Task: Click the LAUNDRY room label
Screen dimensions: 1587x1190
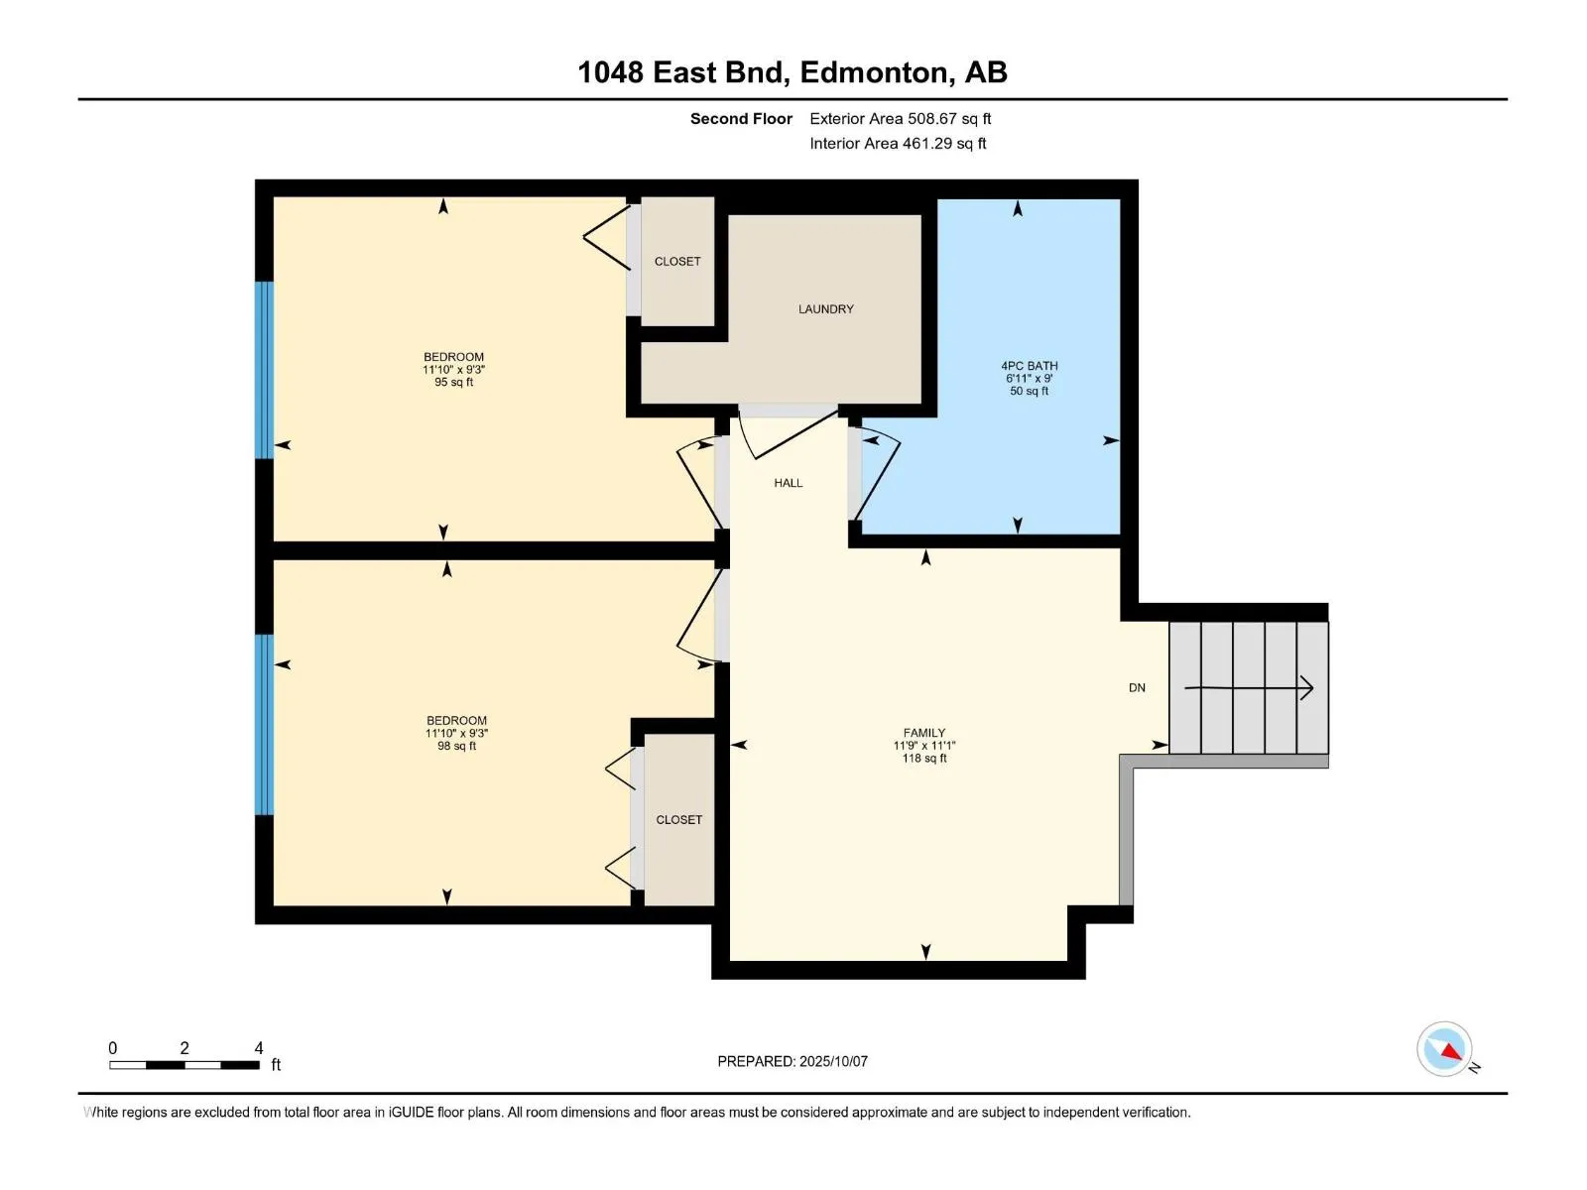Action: tap(825, 309)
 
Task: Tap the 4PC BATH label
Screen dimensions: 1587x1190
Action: tap(1029, 366)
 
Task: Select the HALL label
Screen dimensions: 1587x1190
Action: tap(789, 483)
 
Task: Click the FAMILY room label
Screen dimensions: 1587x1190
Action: tap(924, 733)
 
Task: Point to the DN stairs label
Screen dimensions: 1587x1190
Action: tap(1137, 688)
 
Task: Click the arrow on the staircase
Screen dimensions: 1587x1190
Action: tap(1248, 688)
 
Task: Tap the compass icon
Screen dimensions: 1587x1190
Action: tap(1444, 1048)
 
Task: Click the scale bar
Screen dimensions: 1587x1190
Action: tap(184, 1065)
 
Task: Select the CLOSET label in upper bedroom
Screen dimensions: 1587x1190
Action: tap(677, 262)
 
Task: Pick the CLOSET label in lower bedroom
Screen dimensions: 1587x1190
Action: tap(678, 820)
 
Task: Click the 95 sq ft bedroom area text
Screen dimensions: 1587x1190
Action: tap(453, 382)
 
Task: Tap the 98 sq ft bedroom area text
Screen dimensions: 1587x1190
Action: tap(456, 746)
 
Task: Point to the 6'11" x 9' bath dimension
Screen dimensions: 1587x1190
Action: tap(1029, 379)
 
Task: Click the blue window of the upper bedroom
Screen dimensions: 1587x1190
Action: tap(265, 370)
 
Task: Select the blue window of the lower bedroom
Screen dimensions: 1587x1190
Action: tap(265, 725)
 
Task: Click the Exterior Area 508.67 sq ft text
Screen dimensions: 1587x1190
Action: tap(901, 119)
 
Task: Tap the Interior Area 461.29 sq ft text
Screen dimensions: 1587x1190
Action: tap(898, 144)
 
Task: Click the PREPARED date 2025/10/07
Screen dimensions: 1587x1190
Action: tap(793, 1061)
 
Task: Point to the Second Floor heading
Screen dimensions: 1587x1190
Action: tap(741, 119)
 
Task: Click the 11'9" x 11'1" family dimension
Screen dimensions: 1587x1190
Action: tap(924, 746)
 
